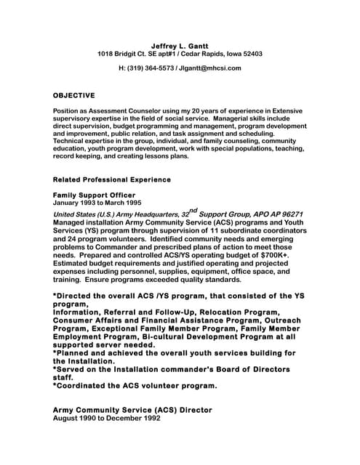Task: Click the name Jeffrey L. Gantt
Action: (x=179, y=46)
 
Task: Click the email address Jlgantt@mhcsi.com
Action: (x=212, y=68)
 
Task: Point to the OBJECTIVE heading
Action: (x=74, y=95)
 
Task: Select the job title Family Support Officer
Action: (x=94, y=195)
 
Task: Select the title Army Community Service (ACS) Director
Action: (x=133, y=411)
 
